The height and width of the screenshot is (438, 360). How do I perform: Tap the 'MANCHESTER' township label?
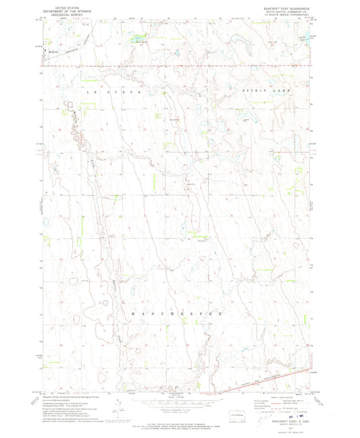click(x=180, y=314)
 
